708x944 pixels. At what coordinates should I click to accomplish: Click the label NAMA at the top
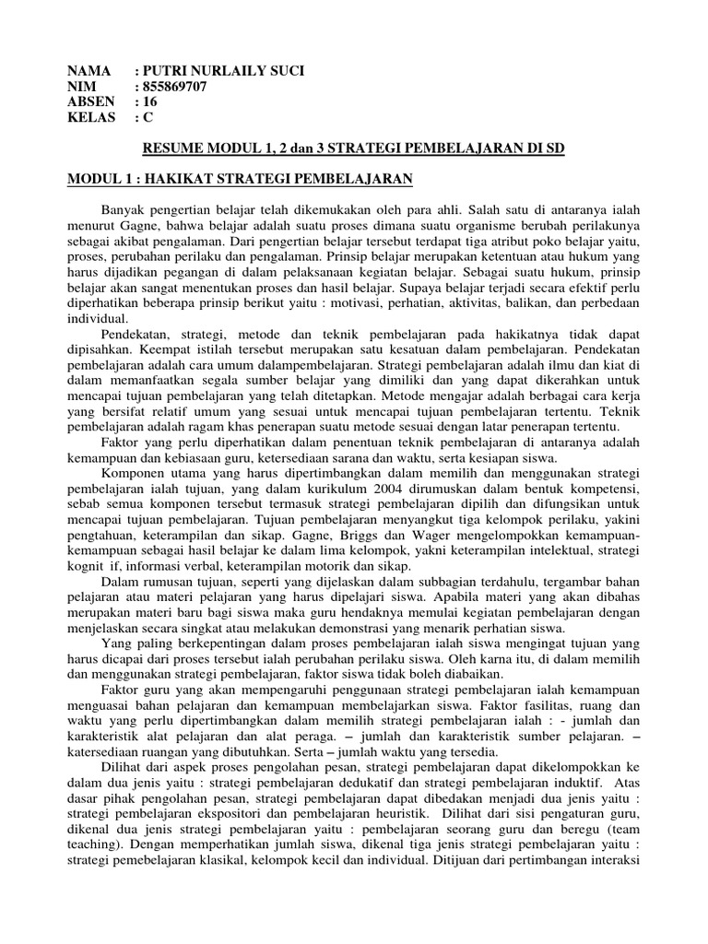[x=89, y=71]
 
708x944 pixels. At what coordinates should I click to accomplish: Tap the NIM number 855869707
[x=174, y=87]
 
